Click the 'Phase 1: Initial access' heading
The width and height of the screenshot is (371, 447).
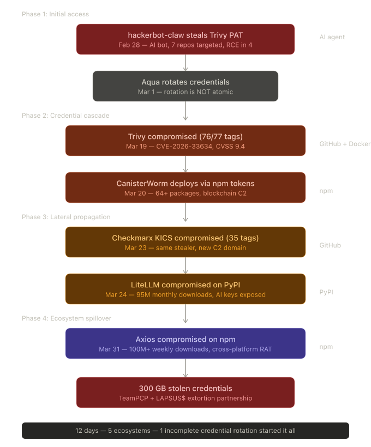click(x=55, y=14)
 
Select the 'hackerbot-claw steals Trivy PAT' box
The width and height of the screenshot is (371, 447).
click(x=185, y=39)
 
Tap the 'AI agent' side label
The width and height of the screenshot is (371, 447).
click(x=332, y=38)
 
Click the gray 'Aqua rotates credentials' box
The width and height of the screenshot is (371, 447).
click(x=185, y=86)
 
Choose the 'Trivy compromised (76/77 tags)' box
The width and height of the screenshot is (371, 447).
click(x=185, y=141)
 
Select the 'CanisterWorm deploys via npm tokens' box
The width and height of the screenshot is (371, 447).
click(x=185, y=188)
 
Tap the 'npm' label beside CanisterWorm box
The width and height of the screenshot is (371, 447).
click(x=326, y=191)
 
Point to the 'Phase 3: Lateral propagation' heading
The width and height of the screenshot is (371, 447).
click(x=66, y=217)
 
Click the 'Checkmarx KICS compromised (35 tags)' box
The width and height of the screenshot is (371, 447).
click(x=185, y=242)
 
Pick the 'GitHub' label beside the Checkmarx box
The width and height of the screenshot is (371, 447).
click(x=330, y=245)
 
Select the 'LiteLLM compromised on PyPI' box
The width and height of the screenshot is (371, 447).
click(x=185, y=289)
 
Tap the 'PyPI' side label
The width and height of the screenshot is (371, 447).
click(x=326, y=292)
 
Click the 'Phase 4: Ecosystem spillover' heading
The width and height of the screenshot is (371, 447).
click(x=67, y=318)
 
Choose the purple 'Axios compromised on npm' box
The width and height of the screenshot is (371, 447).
click(x=185, y=343)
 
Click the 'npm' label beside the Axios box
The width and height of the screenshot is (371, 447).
click(x=326, y=347)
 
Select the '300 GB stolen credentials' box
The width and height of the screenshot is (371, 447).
click(x=185, y=392)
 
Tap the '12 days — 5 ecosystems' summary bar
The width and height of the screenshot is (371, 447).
click(x=185, y=431)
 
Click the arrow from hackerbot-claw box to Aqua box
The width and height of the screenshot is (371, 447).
click(x=185, y=63)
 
